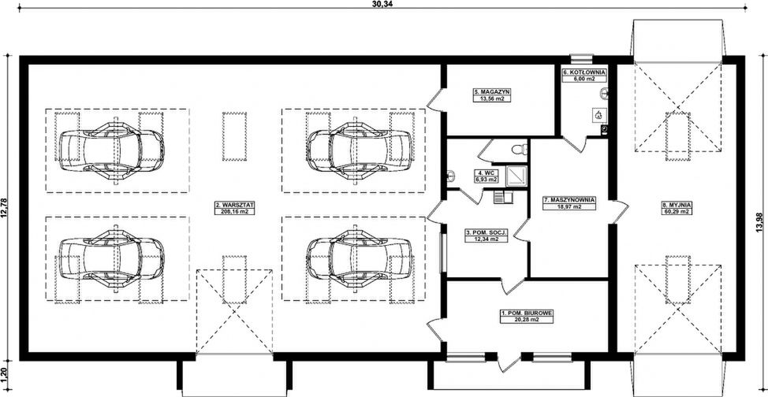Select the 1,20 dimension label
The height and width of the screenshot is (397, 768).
click(x=5, y=374)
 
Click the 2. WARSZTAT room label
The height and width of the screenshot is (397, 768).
click(x=235, y=205)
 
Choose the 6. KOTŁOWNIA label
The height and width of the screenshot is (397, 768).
click(x=585, y=72)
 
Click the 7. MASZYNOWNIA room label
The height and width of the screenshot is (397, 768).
click(x=569, y=200)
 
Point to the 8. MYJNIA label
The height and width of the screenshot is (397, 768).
click(x=676, y=205)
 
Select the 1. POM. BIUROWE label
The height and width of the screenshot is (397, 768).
click(x=527, y=313)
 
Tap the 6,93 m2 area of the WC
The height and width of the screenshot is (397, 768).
click(x=486, y=180)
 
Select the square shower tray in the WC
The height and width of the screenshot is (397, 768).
click(x=517, y=175)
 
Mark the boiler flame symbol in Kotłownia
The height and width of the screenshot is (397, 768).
click(x=598, y=115)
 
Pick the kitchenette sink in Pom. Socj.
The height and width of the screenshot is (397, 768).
click(x=503, y=197)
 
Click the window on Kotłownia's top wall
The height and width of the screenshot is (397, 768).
click(x=583, y=58)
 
